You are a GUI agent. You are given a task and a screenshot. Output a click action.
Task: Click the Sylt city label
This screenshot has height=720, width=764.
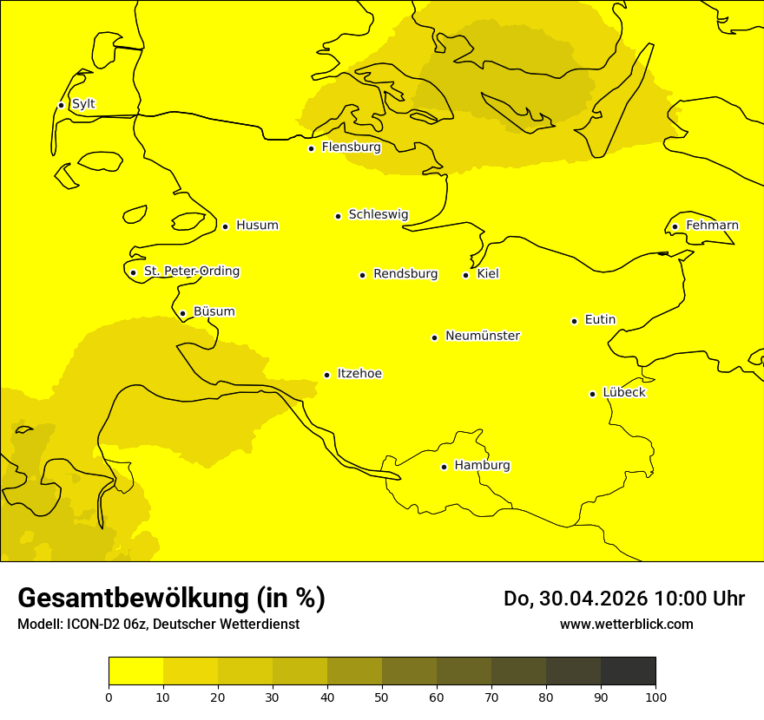83,104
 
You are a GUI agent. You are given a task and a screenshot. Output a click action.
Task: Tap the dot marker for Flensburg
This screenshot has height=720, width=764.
311,148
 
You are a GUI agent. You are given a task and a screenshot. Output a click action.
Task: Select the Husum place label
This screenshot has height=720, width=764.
257,226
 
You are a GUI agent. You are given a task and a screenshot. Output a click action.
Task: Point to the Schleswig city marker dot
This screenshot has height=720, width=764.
338,216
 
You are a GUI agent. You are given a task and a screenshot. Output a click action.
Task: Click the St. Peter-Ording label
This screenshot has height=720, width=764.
192,272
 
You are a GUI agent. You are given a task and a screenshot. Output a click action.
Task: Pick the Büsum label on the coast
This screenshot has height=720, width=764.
214,312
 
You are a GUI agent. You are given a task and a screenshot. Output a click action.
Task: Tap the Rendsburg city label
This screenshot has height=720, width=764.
405,274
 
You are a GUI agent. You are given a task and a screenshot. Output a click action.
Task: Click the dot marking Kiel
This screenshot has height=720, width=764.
465,275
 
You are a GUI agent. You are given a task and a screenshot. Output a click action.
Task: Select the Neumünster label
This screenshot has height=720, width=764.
483,336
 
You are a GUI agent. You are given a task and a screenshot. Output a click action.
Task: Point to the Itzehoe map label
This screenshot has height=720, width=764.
359,374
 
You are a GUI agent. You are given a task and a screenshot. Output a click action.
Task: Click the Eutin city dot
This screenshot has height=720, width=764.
574,321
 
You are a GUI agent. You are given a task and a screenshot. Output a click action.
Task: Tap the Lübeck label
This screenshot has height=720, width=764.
624,393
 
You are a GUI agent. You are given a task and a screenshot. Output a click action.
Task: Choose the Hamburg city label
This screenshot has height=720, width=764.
482,466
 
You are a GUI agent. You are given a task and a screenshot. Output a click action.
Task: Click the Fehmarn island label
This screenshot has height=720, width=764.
712,226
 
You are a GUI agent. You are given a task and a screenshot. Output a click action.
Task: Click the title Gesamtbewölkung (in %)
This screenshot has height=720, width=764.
171,598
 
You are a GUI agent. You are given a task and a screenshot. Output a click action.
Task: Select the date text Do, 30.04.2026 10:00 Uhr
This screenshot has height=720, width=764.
624,599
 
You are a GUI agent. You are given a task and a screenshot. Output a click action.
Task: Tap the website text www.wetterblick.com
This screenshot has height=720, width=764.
627,624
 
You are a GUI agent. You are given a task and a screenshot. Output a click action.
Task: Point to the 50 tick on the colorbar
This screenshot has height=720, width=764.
382,697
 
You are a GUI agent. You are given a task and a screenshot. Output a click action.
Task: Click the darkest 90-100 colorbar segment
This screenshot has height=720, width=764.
628,671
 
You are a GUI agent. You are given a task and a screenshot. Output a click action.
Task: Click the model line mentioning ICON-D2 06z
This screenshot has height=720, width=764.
158,625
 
